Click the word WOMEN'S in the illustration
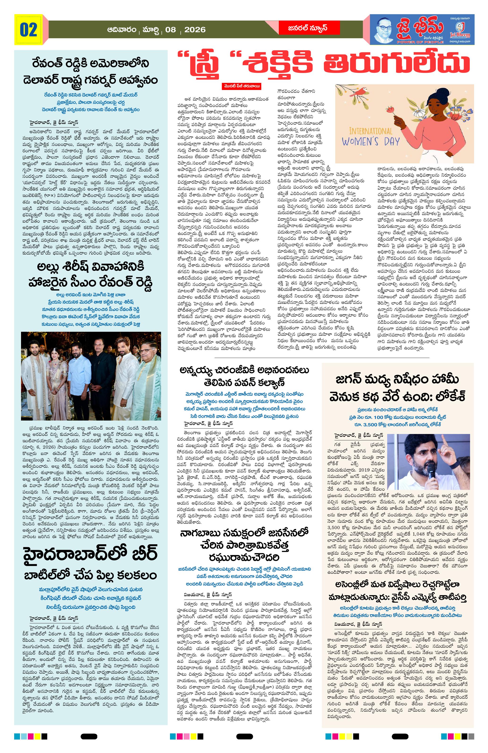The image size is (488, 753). [x=364, y=141]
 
